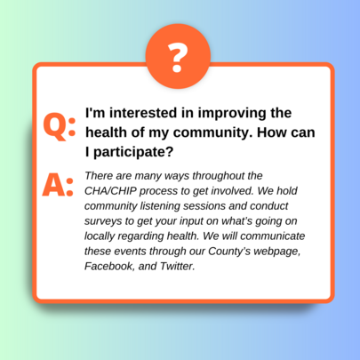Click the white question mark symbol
(x=178, y=58)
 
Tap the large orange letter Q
(x=55, y=126)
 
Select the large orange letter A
(x=53, y=185)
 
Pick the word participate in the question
(x=133, y=152)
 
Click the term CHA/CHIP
(x=111, y=191)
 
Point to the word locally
(x=100, y=236)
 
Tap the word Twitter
(x=178, y=266)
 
